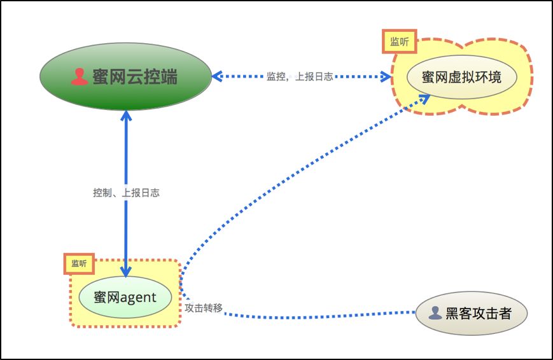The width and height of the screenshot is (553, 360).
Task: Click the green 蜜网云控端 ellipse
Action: pos(125,76)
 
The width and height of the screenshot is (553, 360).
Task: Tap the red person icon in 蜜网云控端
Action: pos(80,76)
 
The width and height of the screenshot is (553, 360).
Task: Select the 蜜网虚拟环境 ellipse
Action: pos(461,77)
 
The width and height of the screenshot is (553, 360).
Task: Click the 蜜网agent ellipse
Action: pos(125,297)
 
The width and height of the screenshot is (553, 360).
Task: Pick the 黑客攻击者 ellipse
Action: pos(472,313)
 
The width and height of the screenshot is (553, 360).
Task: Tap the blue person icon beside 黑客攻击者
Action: pos(435,313)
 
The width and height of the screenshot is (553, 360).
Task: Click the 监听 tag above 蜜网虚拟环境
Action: pos(400,41)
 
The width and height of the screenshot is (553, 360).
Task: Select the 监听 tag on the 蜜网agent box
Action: pos(79,264)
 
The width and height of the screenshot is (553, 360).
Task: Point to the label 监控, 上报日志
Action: pos(300,76)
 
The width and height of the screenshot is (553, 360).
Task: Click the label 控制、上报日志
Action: pos(126,193)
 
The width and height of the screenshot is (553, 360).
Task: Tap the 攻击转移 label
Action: pos(204,308)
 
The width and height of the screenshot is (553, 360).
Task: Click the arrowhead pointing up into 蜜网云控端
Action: pos(126,116)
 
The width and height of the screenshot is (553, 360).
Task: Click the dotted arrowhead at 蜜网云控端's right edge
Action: pos(217,76)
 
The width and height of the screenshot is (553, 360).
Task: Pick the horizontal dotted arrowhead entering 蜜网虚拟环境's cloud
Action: pos(386,76)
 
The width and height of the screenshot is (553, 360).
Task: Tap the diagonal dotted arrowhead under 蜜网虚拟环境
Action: pos(424,99)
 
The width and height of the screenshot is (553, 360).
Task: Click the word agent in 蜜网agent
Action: pos(138,298)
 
